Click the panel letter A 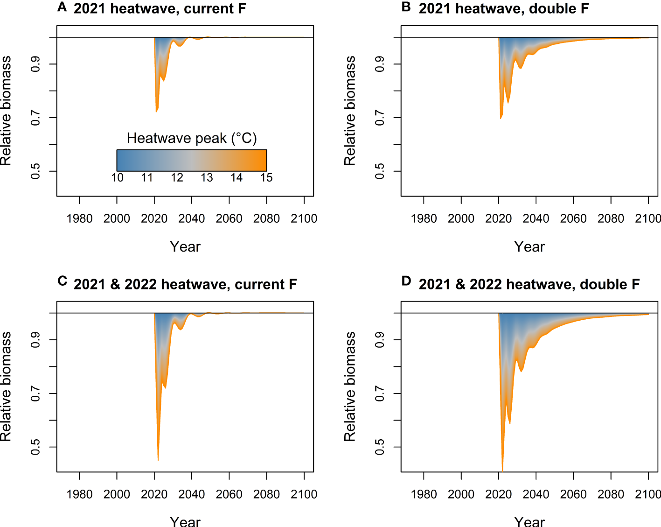click(x=62, y=7)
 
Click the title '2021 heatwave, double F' click(x=503, y=8)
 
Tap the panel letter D click(x=406, y=281)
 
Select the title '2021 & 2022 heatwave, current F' click(x=185, y=284)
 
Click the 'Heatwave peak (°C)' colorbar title click(x=192, y=138)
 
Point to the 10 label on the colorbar click(x=117, y=178)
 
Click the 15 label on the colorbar click(x=266, y=178)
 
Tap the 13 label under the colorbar click(x=207, y=178)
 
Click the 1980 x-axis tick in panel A click(x=79, y=218)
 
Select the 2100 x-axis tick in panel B click(x=647, y=218)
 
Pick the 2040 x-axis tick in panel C click(x=192, y=494)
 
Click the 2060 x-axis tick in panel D click(x=573, y=494)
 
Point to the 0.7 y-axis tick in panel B click(x=380, y=118)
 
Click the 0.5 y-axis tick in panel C click(x=35, y=447)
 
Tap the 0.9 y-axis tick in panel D click(x=380, y=340)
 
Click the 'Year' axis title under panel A click(x=185, y=246)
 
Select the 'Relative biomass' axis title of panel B click(x=350, y=111)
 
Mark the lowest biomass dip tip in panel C click(x=158, y=460)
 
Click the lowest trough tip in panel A click(x=156, y=111)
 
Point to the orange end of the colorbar click(x=261, y=160)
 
